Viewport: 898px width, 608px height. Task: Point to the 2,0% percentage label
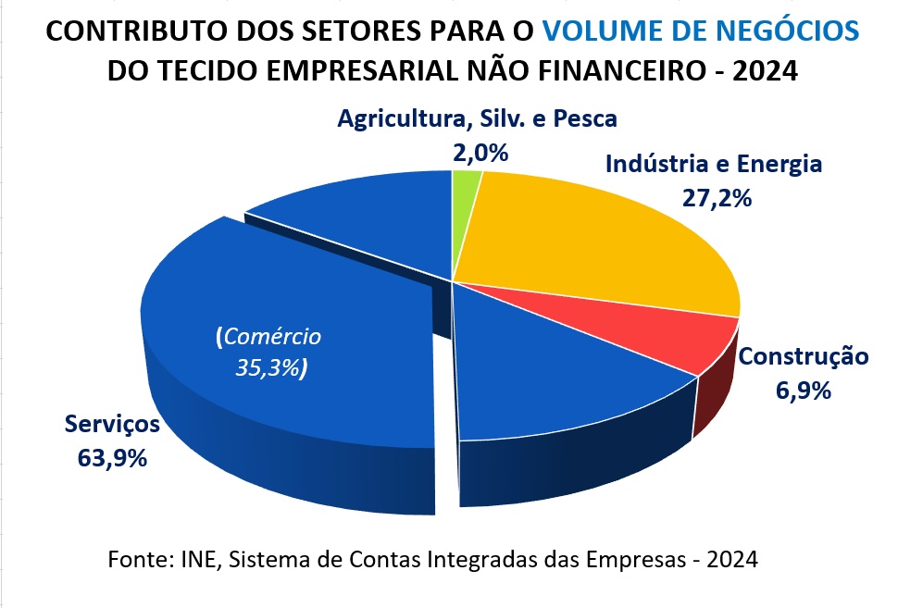[480, 152]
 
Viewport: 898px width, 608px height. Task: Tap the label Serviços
[112, 425]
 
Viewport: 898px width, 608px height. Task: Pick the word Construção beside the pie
[804, 356]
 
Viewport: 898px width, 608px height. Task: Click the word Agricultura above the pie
[395, 118]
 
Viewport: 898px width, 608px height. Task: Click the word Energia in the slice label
[779, 165]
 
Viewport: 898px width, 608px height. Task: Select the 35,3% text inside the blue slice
[268, 368]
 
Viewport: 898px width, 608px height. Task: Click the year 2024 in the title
[765, 70]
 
